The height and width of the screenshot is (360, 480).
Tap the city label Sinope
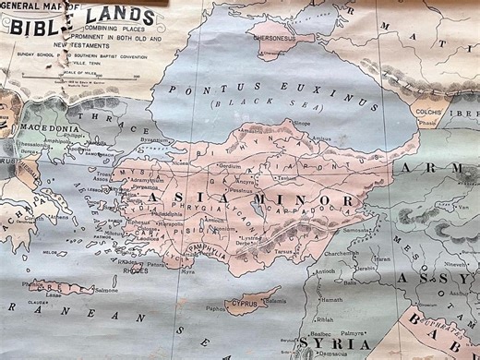302,122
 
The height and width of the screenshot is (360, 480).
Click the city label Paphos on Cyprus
214,309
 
